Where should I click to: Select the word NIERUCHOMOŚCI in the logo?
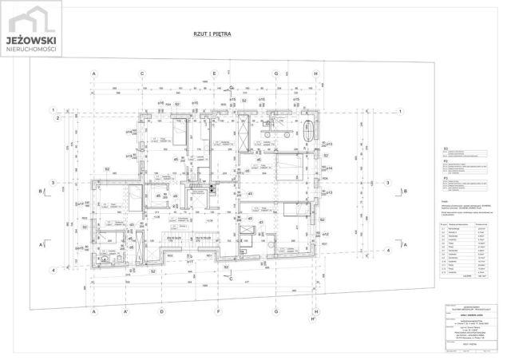tap(31, 49)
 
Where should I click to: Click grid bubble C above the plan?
tap(142, 73)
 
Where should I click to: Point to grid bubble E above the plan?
tap(232, 73)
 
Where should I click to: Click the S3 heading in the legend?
tap(445, 148)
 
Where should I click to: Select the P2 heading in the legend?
tap(445, 161)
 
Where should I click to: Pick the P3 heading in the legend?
tap(445, 177)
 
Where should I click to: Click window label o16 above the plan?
tap(160, 102)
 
